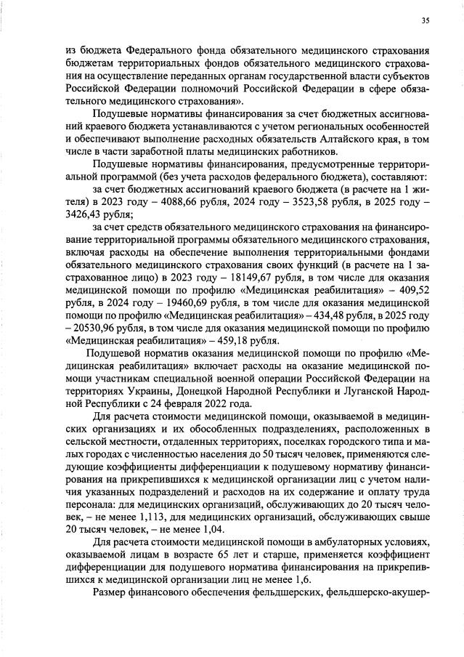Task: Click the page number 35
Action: (425, 20)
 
